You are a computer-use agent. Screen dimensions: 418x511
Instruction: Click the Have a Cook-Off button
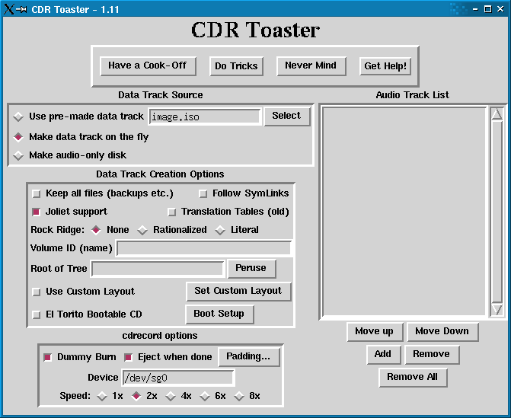click(x=148, y=66)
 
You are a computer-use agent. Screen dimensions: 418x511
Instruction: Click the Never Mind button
click(x=311, y=66)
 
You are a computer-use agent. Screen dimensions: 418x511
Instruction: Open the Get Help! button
click(x=385, y=66)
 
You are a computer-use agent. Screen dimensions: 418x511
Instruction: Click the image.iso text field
click(x=205, y=117)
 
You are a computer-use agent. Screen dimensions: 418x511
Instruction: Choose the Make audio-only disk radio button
click(x=18, y=155)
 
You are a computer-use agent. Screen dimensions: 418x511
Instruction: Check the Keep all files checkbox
click(x=36, y=194)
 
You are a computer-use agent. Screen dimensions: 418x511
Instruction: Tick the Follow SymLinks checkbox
click(x=203, y=194)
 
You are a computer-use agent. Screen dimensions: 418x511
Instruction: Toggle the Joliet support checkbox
click(x=36, y=212)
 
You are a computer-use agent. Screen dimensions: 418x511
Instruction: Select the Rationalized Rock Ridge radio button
click(x=142, y=230)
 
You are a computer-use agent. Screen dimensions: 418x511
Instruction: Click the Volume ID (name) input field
click(x=203, y=248)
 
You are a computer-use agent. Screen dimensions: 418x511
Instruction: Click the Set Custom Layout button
click(x=238, y=291)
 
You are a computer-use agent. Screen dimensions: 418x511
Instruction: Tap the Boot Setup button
click(x=219, y=314)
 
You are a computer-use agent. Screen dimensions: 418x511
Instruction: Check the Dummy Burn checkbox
click(x=47, y=357)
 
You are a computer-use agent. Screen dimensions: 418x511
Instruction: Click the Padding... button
click(x=249, y=357)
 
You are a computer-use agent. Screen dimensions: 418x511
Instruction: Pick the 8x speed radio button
click(x=239, y=396)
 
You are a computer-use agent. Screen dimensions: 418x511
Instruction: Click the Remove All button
click(x=412, y=377)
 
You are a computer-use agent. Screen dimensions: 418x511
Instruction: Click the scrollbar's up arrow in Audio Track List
click(x=497, y=115)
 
